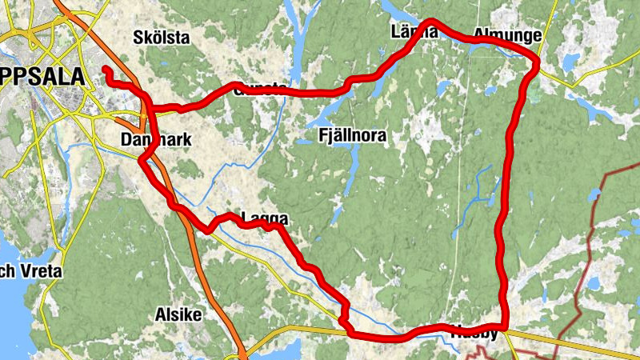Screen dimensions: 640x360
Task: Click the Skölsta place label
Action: click(x=162, y=38)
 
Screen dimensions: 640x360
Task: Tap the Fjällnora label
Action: click(x=352, y=136)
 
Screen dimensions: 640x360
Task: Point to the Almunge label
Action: click(x=507, y=35)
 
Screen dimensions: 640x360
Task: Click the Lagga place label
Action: click(x=265, y=218)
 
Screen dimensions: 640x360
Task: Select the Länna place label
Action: click(x=414, y=32)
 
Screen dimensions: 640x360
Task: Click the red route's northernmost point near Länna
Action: click(x=432, y=21)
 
